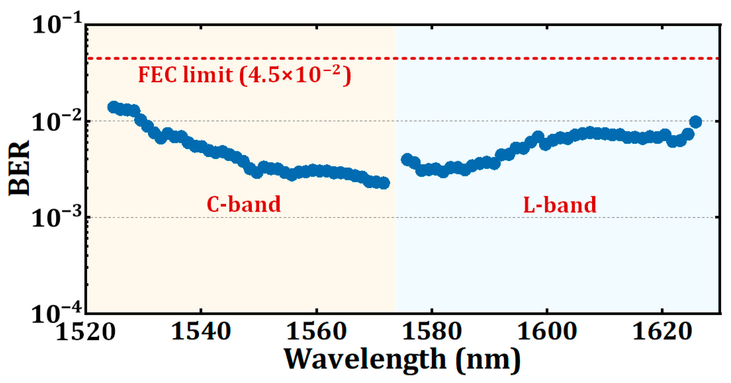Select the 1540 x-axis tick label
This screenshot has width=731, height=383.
[201, 332]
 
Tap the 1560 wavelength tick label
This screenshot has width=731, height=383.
[316, 332]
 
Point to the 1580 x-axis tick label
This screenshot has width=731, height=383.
[431, 332]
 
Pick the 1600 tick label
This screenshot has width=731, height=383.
[547, 332]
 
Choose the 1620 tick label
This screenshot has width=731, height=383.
[662, 332]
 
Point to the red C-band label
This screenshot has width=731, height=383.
[244, 204]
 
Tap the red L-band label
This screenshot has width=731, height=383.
[560, 205]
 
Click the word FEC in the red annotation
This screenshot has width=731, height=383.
[157, 75]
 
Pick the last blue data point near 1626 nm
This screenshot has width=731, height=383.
[695, 122]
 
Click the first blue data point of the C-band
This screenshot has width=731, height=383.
[114, 107]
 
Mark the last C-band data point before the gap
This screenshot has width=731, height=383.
[384, 183]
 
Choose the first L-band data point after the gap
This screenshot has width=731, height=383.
[407, 159]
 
